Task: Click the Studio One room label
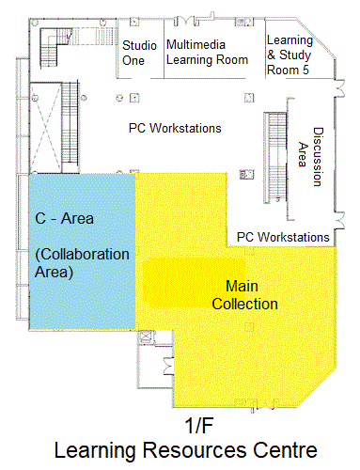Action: point(139,53)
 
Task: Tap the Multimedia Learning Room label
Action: point(207,52)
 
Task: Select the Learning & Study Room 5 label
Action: point(290,55)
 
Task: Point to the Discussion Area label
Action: point(310,156)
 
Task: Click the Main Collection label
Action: point(244,295)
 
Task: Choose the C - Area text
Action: point(64,218)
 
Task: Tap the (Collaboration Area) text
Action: point(82,263)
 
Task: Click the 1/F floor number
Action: point(198,426)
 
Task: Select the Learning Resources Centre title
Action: point(186,450)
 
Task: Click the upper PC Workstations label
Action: point(175,128)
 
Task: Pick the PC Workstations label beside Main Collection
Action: point(283,237)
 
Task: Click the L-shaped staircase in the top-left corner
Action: point(54,47)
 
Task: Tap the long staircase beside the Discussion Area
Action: point(275,157)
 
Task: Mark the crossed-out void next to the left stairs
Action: point(46,127)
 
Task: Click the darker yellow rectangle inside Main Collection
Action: point(194,282)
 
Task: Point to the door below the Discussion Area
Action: point(340,220)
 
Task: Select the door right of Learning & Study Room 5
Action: point(339,88)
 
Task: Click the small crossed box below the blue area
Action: point(145,337)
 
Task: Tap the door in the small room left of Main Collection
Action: point(168,367)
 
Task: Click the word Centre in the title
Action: point(285,450)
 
